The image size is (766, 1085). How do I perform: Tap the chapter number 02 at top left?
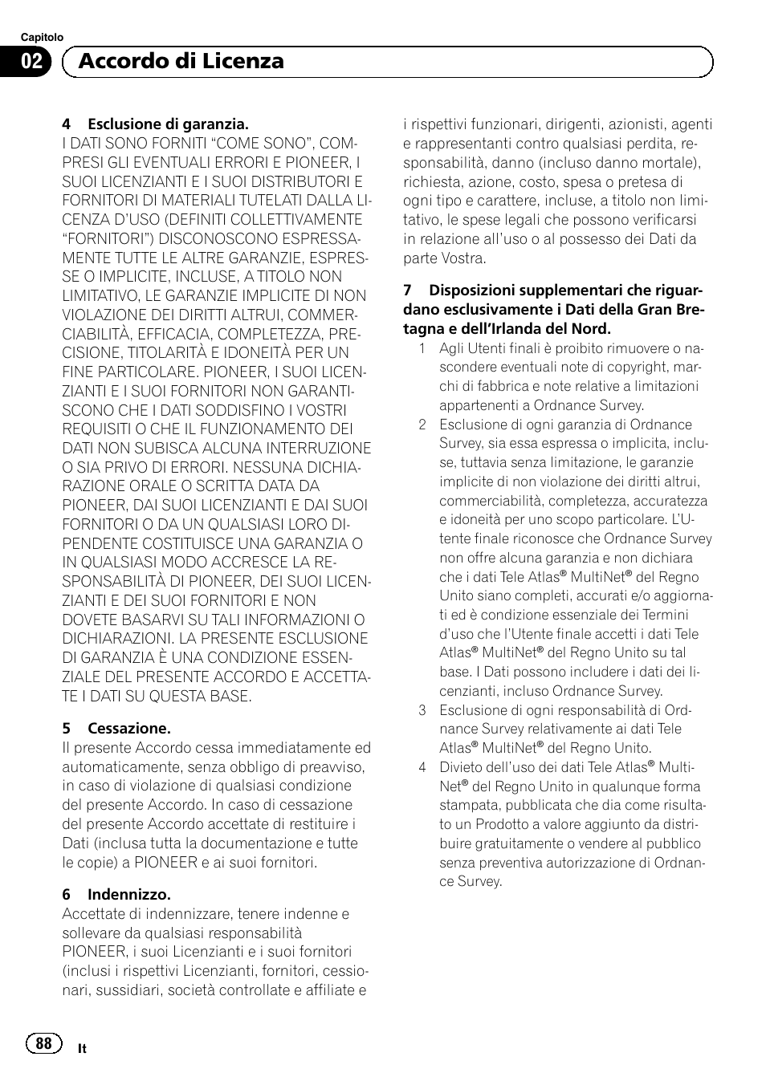33,62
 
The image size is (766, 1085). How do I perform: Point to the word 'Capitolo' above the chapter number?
42,37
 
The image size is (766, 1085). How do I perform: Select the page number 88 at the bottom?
43,1042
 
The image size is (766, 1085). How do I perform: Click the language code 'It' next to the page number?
82,1049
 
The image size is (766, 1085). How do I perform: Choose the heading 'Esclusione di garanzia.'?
168,124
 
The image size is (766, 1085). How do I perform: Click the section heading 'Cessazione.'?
129,729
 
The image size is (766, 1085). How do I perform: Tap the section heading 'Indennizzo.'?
129,894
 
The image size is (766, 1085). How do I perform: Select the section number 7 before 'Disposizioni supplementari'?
407,291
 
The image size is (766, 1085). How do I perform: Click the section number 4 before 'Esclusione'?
67,124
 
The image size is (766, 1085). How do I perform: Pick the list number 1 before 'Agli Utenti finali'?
422,348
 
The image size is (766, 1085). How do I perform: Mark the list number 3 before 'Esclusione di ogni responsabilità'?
422,710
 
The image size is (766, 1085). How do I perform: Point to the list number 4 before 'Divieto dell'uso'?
422,767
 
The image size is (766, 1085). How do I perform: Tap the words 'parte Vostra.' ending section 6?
444,258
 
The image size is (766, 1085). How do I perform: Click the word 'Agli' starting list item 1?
451,348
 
